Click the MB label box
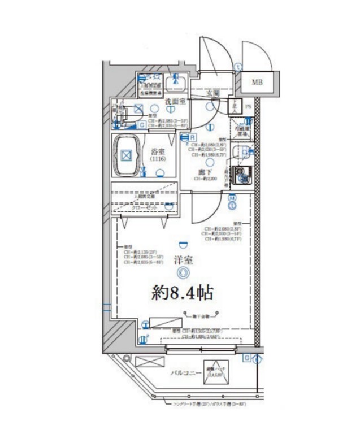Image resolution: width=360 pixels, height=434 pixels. pos(257,83)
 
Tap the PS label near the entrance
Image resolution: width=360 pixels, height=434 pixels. pos(249,105)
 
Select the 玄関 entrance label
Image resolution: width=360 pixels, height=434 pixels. pos(212,93)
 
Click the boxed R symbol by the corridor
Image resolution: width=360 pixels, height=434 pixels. pos(193,137)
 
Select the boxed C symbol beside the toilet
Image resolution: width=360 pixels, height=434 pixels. pos(142,124)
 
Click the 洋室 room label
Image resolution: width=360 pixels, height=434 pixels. pos(181,261)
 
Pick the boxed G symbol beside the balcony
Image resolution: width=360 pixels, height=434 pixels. pos(247,358)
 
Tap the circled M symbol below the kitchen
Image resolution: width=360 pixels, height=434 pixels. pos(232,198)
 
